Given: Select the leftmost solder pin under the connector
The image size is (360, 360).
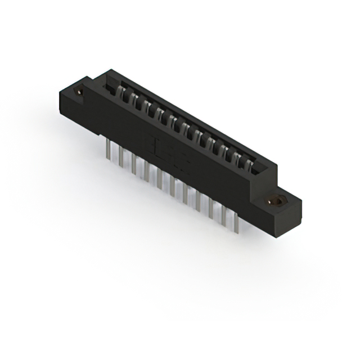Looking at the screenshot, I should [x=107, y=148].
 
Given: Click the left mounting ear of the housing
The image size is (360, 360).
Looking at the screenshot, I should [x=73, y=98].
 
